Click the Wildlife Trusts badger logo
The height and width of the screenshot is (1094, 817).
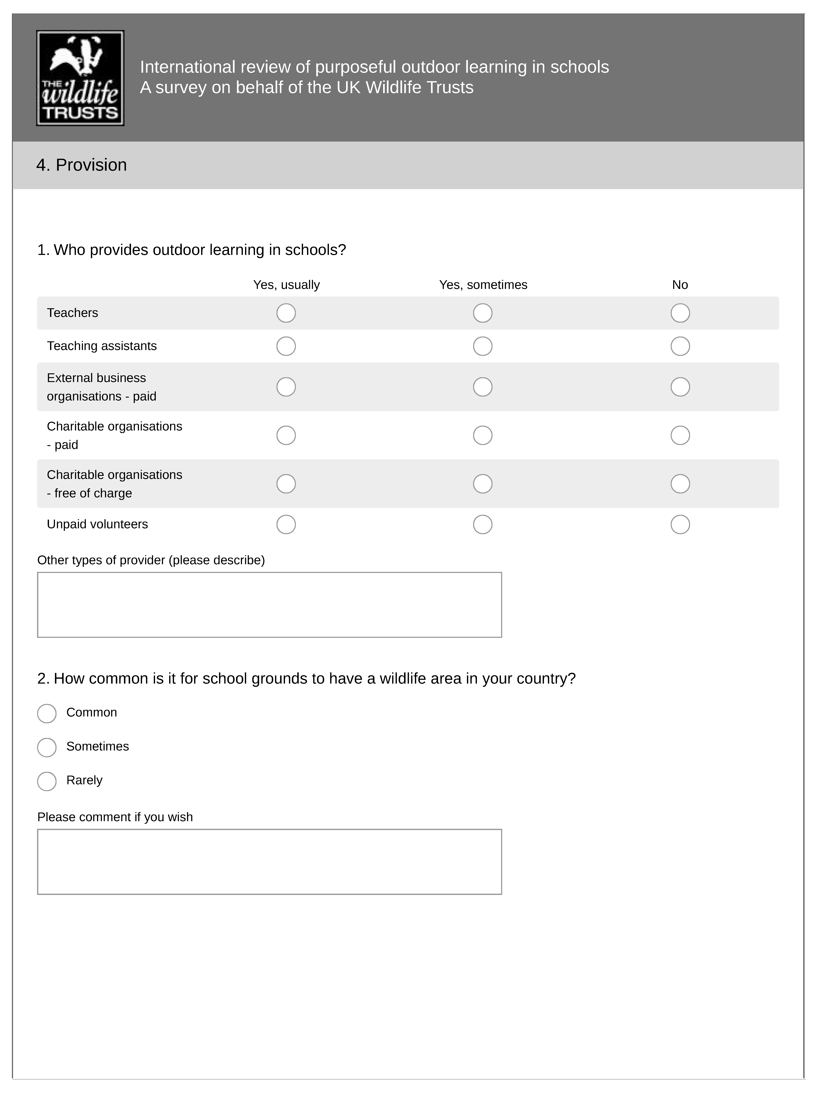coord(80,78)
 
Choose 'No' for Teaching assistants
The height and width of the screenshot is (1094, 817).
coord(680,346)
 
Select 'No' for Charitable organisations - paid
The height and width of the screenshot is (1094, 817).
coord(680,435)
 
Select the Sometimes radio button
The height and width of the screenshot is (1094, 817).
coord(47,747)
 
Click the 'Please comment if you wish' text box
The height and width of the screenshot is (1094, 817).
coord(269,861)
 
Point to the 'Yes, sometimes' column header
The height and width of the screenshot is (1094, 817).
coord(483,285)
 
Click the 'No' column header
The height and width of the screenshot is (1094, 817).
coord(680,285)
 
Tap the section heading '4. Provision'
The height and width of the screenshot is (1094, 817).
coord(82,165)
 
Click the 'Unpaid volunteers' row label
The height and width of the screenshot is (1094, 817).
coord(97,524)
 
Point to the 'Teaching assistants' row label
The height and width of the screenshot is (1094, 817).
coord(102,346)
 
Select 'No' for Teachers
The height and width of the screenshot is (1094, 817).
coord(680,313)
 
